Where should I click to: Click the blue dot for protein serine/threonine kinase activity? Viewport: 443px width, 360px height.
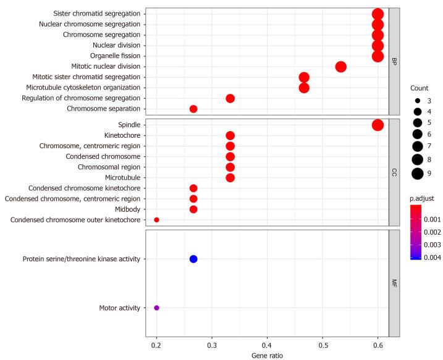click(x=193, y=259)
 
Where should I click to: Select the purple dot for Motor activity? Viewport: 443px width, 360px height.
click(x=156, y=308)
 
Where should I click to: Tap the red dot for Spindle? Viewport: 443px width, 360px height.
click(x=378, y=125)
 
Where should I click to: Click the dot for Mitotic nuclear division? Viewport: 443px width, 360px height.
click(x=340, y=67)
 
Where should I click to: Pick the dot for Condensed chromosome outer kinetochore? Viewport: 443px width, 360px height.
click(x=156, y=220)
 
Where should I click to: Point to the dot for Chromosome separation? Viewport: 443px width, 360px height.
click(x=193, y=109)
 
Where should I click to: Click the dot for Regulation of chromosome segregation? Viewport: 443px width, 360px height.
click(x=230, y=98)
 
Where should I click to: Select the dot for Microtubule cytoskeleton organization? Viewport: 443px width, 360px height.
click(x=304, y=88)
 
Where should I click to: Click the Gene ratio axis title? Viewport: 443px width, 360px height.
click(x=267, y=356)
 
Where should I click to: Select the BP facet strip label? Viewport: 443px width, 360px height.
click(x=394, y=61)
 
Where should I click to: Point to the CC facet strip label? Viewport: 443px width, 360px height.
click(x=394, y=172)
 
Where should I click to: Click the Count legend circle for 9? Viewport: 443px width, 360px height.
click(x=418, y=173)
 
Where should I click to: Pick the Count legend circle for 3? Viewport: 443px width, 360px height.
click(x=418, y=100)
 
